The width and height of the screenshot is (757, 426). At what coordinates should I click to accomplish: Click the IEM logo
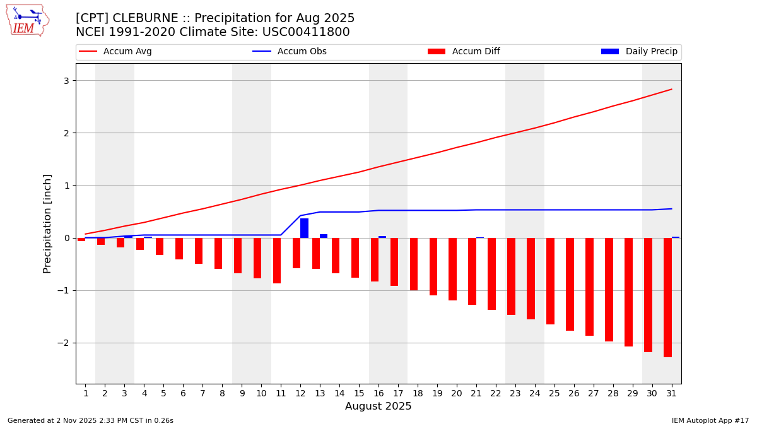click(27, 20)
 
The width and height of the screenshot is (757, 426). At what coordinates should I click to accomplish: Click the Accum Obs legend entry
click(290, 52)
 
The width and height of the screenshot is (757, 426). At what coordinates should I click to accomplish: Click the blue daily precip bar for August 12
click(304, 228)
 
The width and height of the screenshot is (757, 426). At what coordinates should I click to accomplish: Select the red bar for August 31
click(667, 297)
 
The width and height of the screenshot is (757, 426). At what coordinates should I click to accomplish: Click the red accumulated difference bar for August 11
click(277, 260)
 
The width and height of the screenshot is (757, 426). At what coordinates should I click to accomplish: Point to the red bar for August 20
click(452, 269)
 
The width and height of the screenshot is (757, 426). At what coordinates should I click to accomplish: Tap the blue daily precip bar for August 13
click(324, 236)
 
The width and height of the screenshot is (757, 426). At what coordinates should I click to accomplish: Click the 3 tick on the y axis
click(66, 80)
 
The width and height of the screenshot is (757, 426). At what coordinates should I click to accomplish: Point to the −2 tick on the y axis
click(63, 343)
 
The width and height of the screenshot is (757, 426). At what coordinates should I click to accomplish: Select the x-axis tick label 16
click(378, 393)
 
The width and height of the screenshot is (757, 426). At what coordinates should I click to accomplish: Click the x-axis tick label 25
click(555, 393)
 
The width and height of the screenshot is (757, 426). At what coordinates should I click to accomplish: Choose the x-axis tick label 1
click(86, 393)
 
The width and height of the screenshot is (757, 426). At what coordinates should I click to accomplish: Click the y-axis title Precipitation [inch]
click(47, 223)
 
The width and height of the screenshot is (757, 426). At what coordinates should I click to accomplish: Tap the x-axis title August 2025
click(378, 406)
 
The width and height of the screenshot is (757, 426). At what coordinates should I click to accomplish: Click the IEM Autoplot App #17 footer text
click(710, 420)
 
